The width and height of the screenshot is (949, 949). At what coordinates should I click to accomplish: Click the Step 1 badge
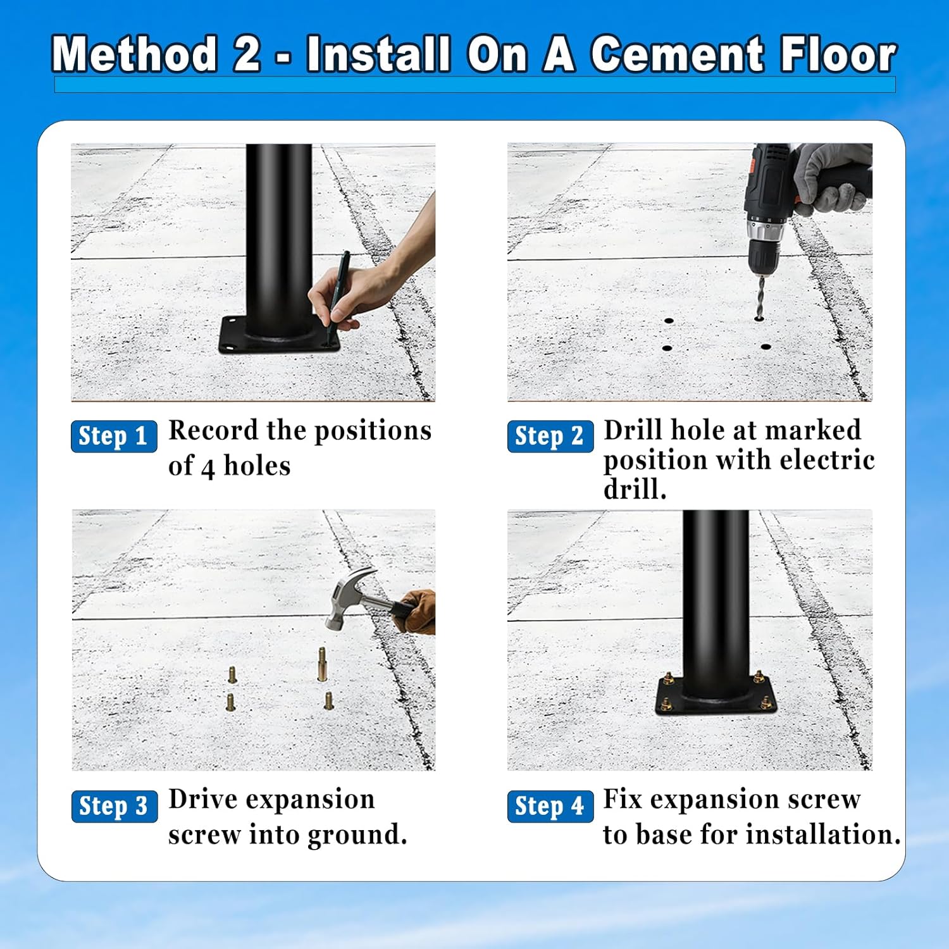click(114, 436)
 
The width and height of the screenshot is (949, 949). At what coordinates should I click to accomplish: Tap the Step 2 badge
click(550, 436)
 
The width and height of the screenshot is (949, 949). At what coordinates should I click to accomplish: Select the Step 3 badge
click(115, 806)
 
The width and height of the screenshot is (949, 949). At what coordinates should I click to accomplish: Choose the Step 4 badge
click(550, 806)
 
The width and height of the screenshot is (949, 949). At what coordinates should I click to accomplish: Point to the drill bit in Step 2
click(760, 298)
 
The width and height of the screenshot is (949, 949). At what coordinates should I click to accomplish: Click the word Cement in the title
click(677, 54)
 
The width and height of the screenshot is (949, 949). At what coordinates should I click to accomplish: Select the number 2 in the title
click(247, 54)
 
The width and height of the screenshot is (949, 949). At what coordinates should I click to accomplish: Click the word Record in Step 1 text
click(214, 430)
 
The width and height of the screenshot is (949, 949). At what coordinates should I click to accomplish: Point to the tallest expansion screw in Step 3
click(322, 664)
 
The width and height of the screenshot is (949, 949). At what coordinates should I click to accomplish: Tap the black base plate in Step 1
click(279, 335)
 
